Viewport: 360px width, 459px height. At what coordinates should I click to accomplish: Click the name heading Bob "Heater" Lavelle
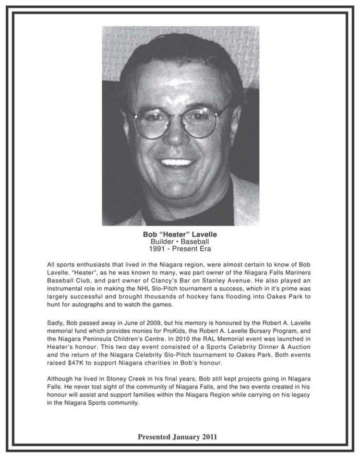coord(180,235)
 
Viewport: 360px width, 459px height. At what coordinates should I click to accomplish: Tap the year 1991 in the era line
coord(159,249)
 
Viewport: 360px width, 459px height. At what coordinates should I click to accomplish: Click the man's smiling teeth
coord(178,162)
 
